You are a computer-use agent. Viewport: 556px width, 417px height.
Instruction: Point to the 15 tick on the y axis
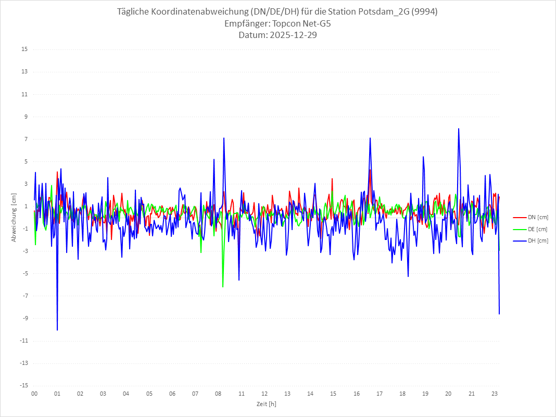point(24,49)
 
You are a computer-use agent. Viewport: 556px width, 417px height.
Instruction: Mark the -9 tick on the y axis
point(24,318)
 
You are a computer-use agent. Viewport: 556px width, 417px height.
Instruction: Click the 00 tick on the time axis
point(34,394)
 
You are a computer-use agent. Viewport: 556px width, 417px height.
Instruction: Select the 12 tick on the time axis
point(264,394)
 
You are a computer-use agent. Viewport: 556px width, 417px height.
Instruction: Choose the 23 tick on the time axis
point(495,394)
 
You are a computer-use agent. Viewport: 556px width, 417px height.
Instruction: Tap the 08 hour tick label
point(218,394)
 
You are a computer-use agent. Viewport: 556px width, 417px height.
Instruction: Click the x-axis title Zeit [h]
point(267,404)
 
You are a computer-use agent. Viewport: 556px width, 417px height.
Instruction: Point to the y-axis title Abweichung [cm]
point(14,217)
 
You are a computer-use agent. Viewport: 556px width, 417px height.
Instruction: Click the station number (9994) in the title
point(422,11)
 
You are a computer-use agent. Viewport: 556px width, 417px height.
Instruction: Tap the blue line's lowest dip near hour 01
point(57,330)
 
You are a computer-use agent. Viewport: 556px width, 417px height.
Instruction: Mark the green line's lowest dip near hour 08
point(223,287)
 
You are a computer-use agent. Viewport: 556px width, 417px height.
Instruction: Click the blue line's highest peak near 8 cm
point(459,129)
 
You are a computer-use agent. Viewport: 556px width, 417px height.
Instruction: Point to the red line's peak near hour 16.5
point(370,170)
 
